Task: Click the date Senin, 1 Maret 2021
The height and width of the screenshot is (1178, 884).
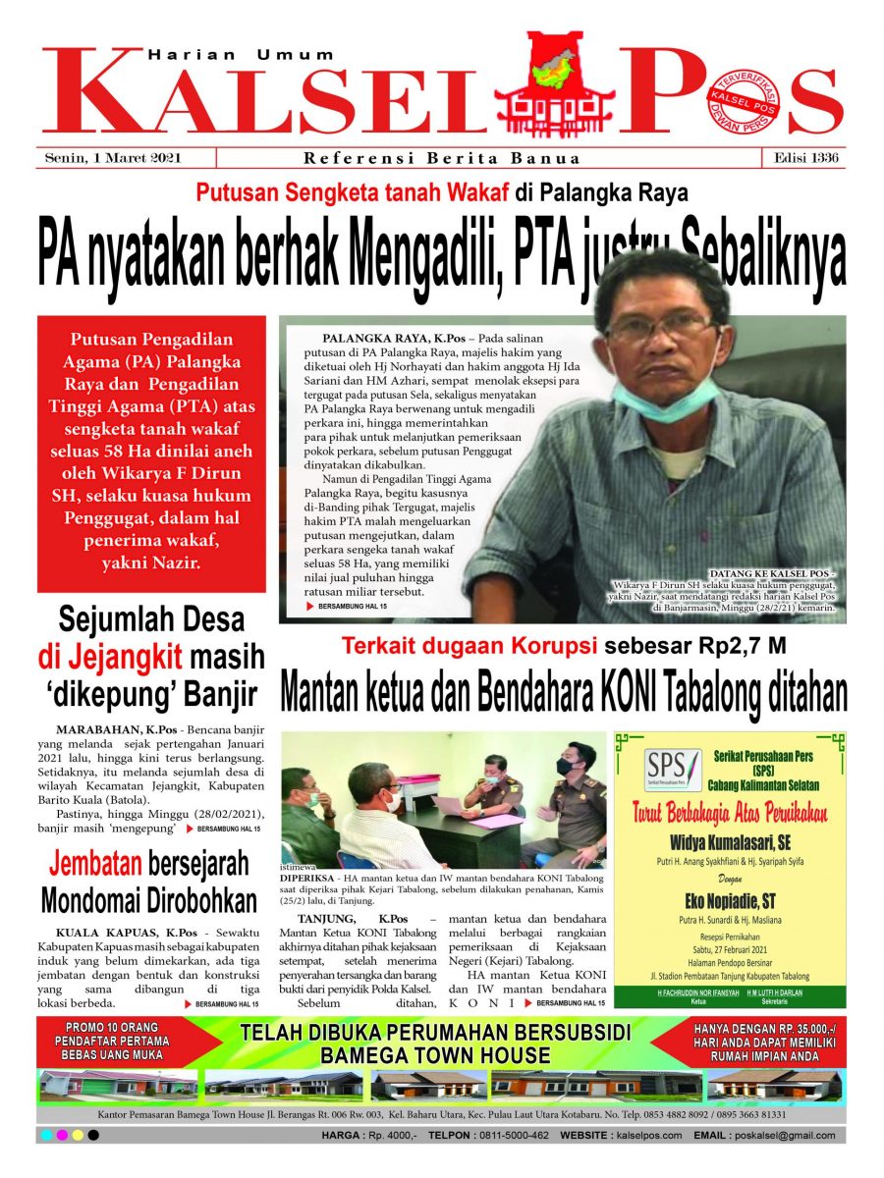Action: coord(114,158)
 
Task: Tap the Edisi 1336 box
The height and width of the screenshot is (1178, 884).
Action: coord(801,158)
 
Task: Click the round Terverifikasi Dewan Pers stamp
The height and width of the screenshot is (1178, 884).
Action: coord(746,105)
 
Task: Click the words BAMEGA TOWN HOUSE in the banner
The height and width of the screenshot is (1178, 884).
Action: coord(434,1055)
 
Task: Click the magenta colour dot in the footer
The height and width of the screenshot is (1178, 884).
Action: coord(62,1136)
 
